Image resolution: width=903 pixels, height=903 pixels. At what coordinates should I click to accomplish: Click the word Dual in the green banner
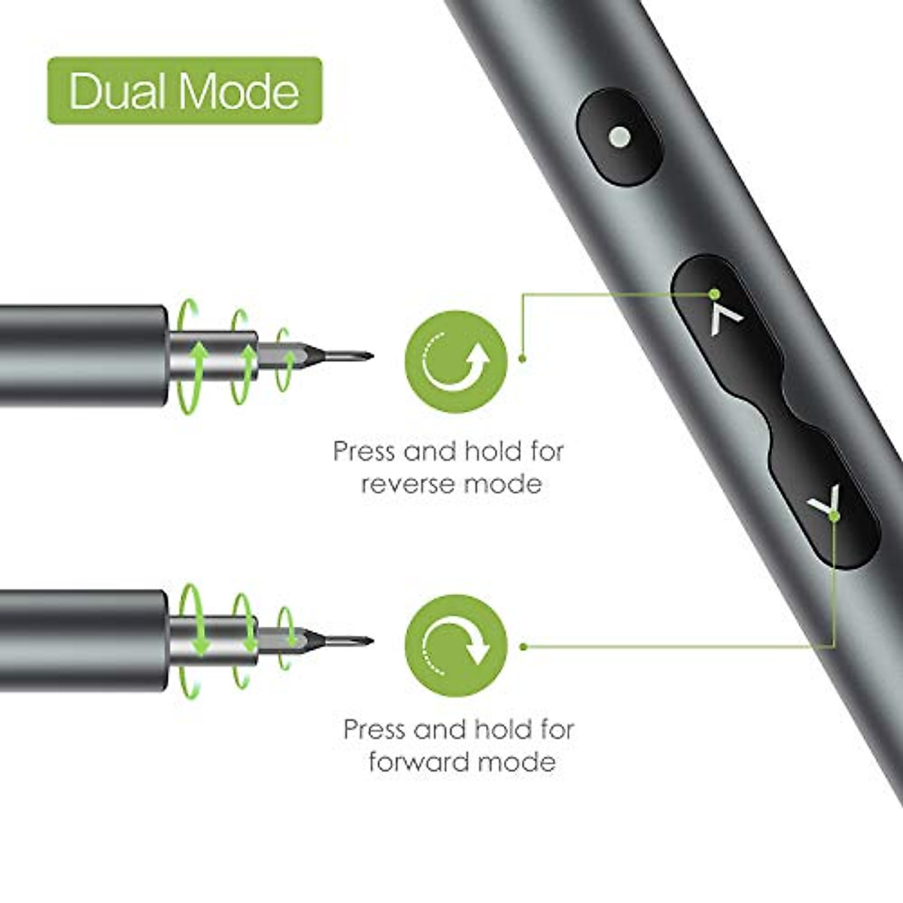(117, 91)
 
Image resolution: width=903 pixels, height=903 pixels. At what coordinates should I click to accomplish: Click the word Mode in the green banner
(239, 91)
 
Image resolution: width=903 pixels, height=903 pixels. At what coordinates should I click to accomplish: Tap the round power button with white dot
(619, 137)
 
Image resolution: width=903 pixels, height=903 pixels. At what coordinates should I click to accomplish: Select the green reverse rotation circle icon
(456, 361)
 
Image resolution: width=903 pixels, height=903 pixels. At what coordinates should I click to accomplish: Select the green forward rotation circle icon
(456, 646)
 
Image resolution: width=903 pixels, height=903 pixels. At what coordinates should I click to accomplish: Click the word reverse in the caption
(407, 484)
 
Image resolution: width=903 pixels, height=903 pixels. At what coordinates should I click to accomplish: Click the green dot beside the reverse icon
(522, 359)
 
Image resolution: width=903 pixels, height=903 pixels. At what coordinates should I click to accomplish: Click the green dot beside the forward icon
(524, 646)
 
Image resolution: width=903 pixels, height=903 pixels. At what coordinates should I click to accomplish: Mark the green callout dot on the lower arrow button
(834, 515)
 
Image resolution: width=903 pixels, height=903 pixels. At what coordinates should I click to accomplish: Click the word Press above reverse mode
(364, 451)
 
